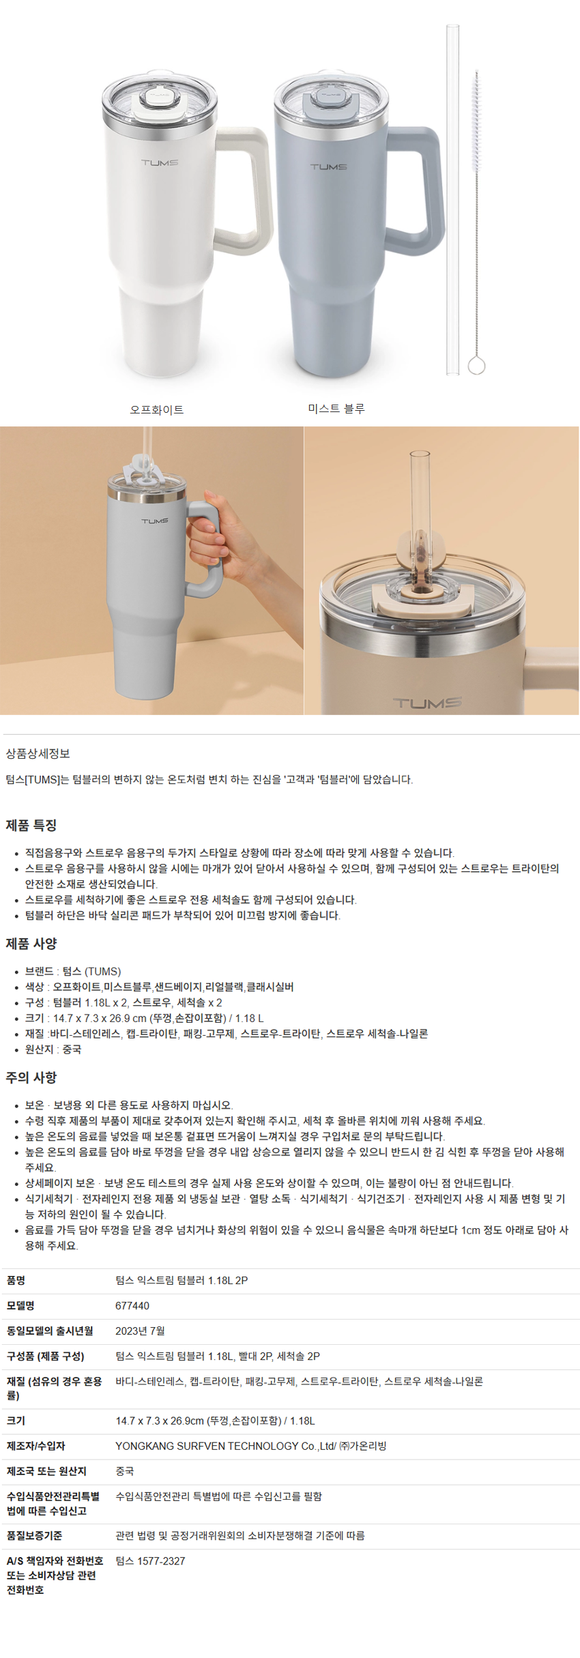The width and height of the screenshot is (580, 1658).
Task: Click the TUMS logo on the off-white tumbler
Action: coord(160,162)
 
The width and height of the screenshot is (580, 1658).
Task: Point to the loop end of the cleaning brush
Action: coord(476,366)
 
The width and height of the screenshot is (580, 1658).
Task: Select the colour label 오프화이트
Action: coord(157,409)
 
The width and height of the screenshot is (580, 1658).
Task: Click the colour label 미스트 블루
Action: coord(336,409)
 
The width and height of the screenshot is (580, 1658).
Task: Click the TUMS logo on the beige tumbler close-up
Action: coord(428,703)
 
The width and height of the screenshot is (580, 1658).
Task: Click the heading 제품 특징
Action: coord(31,825)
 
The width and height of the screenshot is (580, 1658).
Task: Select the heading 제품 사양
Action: coord(31,944)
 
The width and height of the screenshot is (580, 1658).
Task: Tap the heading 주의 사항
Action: coord(31,1077)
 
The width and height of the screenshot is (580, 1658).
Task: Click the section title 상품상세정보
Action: coord(38,753)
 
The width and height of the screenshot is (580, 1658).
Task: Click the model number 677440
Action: coord(132,1306)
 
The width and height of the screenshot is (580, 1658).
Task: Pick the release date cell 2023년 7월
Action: coord(140,1331)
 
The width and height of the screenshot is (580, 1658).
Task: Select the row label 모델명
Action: coord(20,1306)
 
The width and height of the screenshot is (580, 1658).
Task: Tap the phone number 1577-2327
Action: coord(161,1561)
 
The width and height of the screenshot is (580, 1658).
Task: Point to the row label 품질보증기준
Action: coord(34,1536)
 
